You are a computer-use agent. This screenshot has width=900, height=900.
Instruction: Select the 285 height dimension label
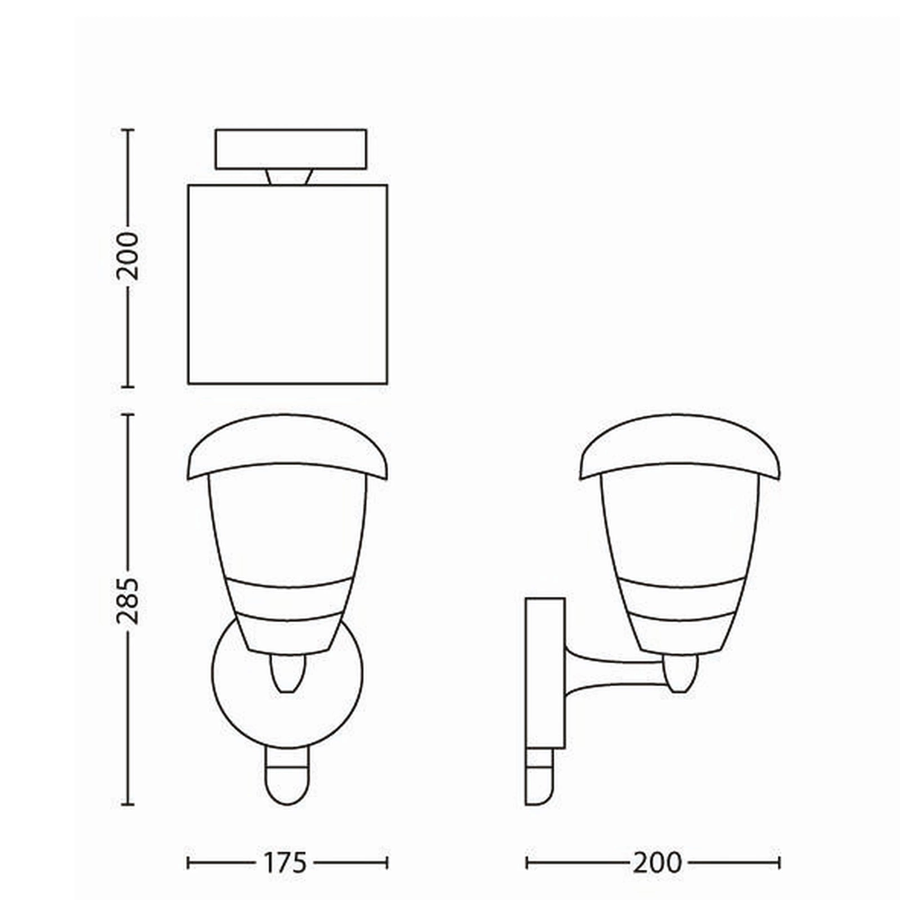click(x=128, y=600)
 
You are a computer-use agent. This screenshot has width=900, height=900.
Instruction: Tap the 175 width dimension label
click(x=286, y=863)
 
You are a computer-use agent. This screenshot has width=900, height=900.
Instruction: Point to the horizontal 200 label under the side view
click(x=657, y=863)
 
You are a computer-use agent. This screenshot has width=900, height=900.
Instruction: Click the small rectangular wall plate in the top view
click(x=291, y=149)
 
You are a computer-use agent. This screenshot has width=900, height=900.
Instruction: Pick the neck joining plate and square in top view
click(x=290, y=177)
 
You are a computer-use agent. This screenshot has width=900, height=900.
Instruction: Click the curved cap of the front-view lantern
click(x=287, y=447)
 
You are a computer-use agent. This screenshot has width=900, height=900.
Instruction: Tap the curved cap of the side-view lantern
click(x=680, y=447)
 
